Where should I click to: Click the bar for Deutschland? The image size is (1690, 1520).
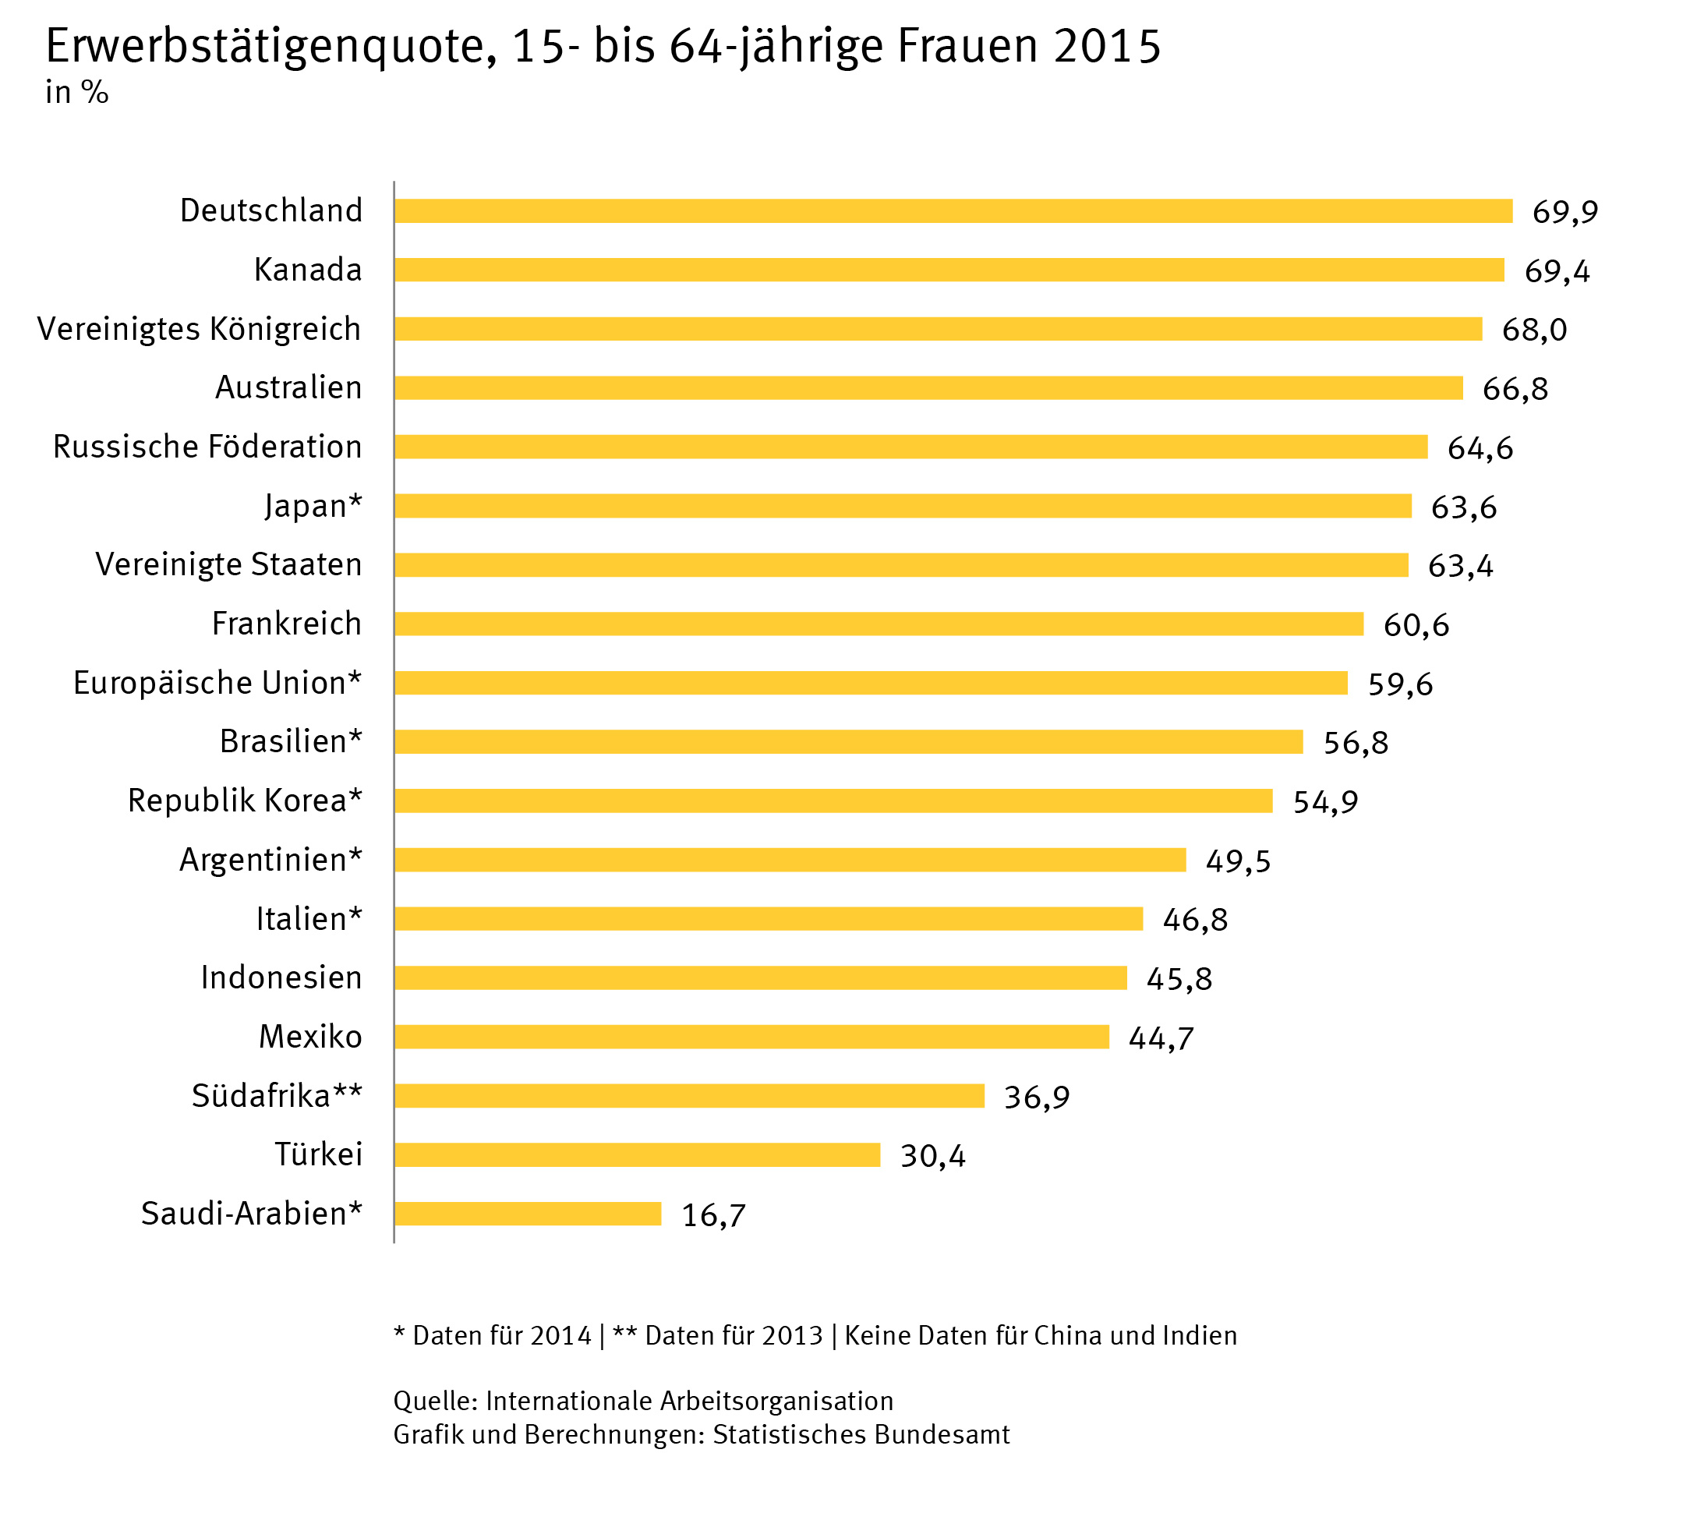coord(953,211)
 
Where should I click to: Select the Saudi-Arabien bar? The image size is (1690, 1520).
coord(528,1214)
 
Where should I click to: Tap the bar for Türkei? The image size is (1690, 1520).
coord(637,1155)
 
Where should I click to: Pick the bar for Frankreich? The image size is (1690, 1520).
coord(879,624)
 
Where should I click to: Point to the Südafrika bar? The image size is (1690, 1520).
coord(689,1096)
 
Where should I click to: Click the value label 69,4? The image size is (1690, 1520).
coord(1557,271)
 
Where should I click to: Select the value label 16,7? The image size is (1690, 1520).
coord(713,1215)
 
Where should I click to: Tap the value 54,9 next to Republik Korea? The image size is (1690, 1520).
coord(1325,802)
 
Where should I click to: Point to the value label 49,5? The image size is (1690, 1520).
coord(1237,861)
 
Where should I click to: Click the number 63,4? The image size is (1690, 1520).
coord(1460,566)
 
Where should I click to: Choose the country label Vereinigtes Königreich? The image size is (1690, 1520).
coord(199,329)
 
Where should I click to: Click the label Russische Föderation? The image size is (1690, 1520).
coord(207,447)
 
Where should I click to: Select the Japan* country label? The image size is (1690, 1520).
coord(313,506)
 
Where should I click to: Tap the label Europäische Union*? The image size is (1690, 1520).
coord(217,683)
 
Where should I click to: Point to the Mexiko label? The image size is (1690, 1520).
coord(309,1037)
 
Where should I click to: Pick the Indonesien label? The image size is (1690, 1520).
coord(281,977)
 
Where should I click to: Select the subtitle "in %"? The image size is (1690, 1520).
coord(77,93)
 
